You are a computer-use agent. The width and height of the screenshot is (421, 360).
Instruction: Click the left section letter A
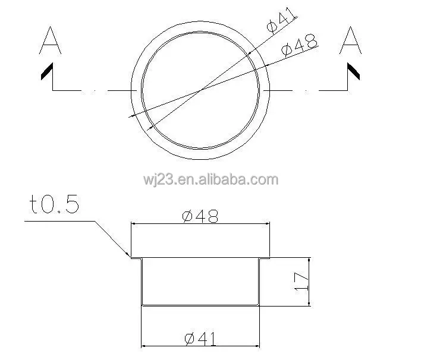[x=49, y=42]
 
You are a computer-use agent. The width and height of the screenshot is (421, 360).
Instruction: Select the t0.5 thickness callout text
[x=54, y=205]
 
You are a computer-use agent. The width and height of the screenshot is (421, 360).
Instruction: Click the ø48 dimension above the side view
[x=200, y=216]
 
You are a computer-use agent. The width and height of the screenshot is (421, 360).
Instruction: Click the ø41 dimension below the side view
[x=200, y=339]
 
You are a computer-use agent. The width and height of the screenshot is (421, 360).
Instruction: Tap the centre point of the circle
[x=200, y=90]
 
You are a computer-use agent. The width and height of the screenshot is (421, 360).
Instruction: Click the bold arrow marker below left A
[x=46, y=72]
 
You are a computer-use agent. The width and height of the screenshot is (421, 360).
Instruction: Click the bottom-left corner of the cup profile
[x=142, y=305]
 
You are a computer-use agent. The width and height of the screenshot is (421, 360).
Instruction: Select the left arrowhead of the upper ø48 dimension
[x=133, y=224]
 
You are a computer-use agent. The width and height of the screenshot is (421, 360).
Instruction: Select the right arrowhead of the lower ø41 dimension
[x=259, y=346]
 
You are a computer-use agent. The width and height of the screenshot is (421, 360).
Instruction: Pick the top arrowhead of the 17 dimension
[x=309, y=260]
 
